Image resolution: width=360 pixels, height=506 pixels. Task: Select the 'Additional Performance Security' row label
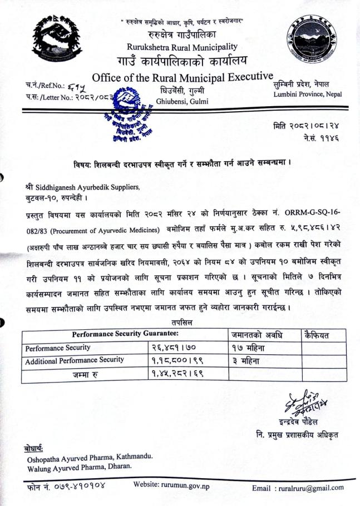point(75,360)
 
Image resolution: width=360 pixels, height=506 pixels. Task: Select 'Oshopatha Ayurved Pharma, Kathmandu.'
point(90,457)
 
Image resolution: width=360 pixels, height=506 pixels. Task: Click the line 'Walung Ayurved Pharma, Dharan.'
point(80,466)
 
